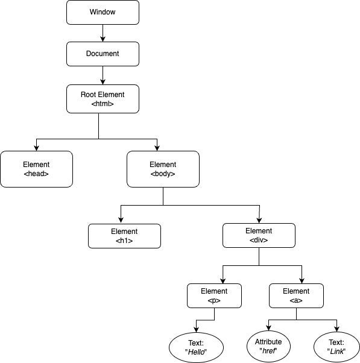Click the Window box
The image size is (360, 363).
click(x=103, y=12)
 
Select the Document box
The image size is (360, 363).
click(x=103, y=54)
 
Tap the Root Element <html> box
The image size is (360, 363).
click(x=103, y=99)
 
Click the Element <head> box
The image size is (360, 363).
click(x=36, y=169)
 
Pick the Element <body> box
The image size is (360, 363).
click(x=163, y=169)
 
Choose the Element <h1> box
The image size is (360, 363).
click(x=124, y=236)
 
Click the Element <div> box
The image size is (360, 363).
click(x=259, y=235)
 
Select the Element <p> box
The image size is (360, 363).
click(x=214, y=295)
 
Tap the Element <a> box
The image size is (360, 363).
click(x=296, y=295)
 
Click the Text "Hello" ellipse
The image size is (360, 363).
click(x=195, y=347)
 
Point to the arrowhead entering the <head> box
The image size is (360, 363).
click(x=36, y=148)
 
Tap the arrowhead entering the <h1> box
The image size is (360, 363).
click(x=121, y=220)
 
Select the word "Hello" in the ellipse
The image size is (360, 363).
click(x=195, y=352)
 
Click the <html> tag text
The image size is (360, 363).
click(x=103, y=104)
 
